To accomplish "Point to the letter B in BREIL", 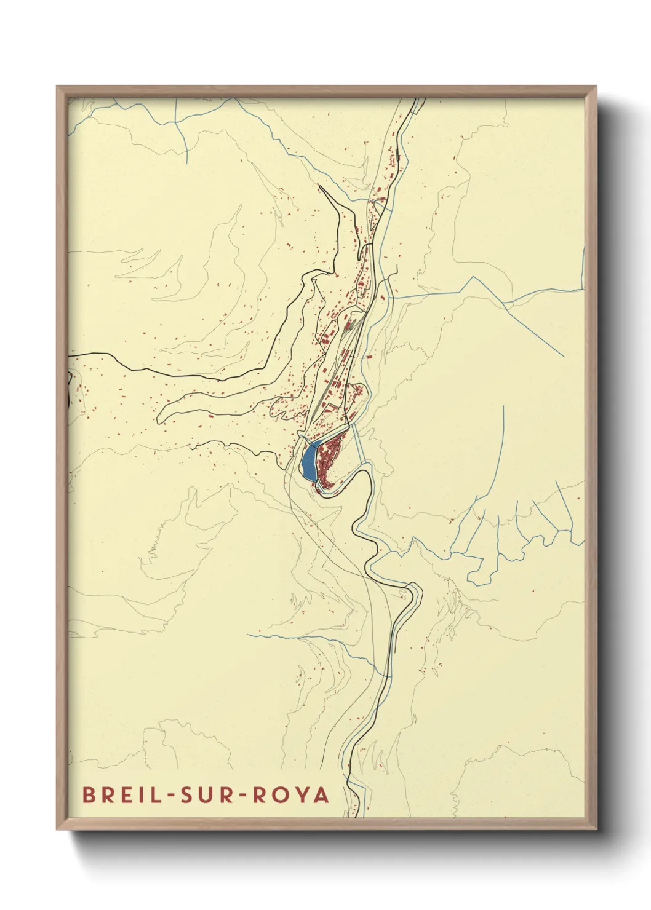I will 89,794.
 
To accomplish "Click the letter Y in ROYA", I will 302,794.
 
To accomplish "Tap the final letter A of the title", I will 321,794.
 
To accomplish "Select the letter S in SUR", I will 186,794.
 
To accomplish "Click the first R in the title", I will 105,794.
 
